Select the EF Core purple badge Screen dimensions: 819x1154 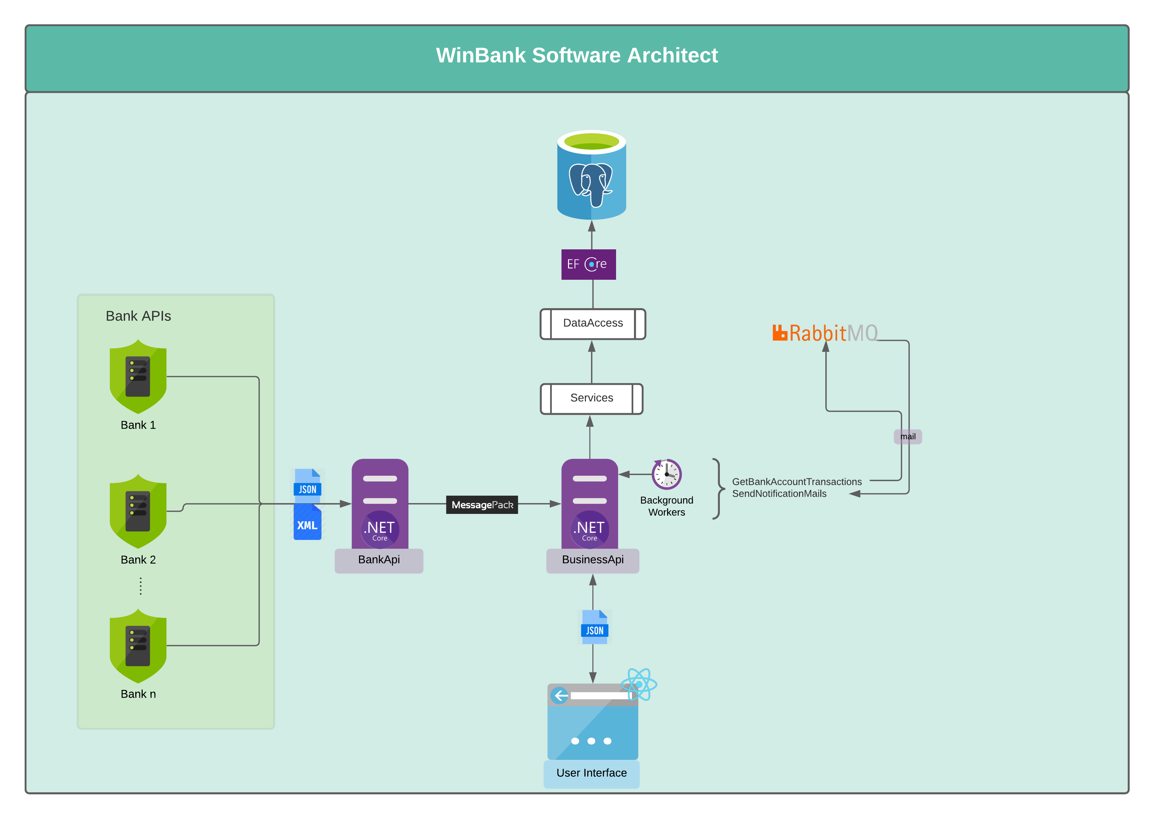click(x=588, y=264)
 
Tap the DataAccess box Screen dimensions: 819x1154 click(x=593, y=324)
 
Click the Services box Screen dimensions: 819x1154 click(x=591, y=398)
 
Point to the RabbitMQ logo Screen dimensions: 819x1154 click(x=825, y=333)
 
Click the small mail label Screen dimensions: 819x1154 click(x=908, y=437)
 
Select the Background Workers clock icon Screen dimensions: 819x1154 click(x=666, y=474)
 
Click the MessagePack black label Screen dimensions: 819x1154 click(x=482, y=505)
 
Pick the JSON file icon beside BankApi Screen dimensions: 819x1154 click(x=307, y=485)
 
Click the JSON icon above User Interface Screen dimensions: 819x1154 click(x=595, y=627)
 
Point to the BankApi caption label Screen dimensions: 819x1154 click(x=379, y=560)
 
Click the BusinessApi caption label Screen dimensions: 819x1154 click(x=593, y=560)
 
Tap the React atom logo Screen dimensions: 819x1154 click(x=639, y=684)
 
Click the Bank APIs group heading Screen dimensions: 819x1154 click(x=138, y=316)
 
